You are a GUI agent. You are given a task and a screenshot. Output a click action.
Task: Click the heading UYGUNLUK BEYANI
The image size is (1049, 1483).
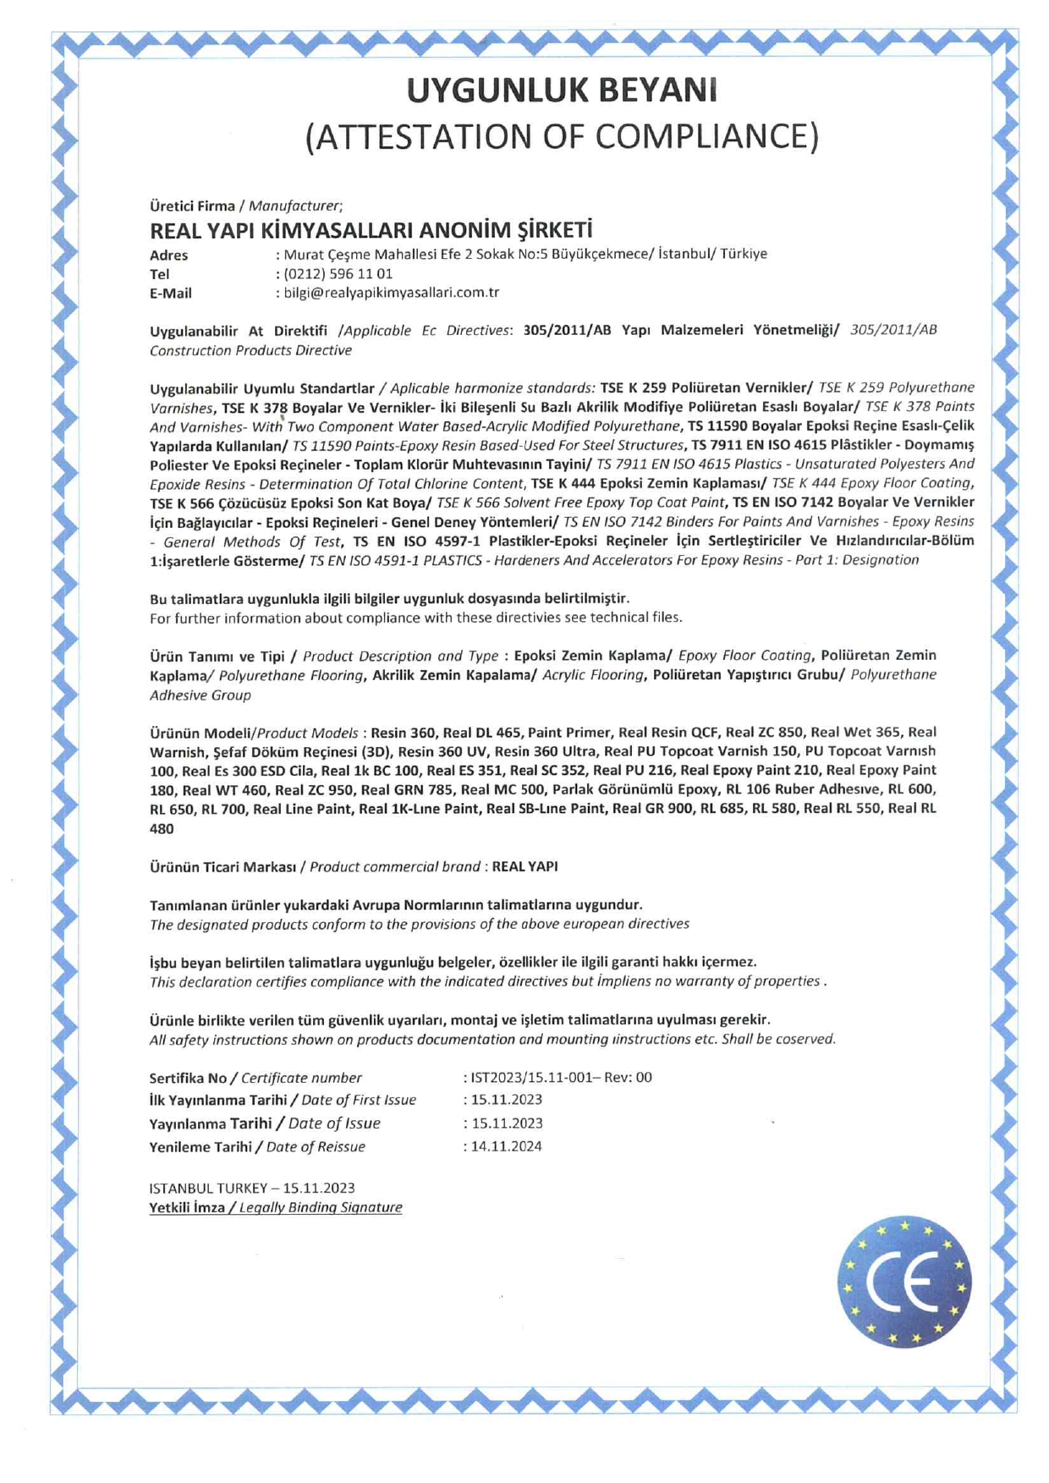(562, 91)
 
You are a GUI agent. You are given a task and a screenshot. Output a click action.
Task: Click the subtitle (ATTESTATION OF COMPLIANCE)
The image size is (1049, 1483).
(562, 136)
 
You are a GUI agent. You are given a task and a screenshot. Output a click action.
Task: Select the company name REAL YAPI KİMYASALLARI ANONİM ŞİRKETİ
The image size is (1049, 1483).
(371, 230)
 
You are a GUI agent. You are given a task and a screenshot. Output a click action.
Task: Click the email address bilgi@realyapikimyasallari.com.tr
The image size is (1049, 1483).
(391, 293)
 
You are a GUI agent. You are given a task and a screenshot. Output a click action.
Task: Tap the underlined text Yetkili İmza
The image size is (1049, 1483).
(187, 1207)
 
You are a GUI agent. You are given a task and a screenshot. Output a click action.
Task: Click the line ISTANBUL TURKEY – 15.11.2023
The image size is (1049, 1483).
(252, 1188)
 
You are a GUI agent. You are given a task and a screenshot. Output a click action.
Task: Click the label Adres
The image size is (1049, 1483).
(169, 255)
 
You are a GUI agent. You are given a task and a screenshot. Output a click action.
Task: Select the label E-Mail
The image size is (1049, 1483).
(171, 294)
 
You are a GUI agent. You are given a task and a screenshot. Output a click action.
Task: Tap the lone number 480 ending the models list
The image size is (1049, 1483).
(162, 829)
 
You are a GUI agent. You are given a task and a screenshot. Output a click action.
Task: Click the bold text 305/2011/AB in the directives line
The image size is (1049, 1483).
(567, 330)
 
